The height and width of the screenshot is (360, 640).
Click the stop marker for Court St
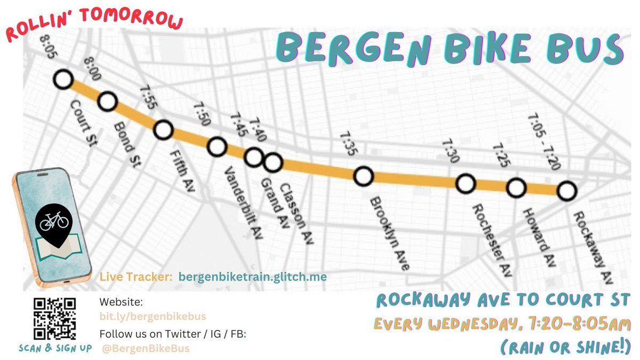pyautogui.click(x=63, y=80)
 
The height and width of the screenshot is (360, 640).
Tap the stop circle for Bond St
pyautogui.click(x=107, y=100)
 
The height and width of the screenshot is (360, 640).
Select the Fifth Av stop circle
pyautogui.click(x=163, y=130)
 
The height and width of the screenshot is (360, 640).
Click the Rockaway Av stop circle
pyautogui.click(x=567, y=190)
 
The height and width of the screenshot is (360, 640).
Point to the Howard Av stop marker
pyautogui.click(x=516, y=188)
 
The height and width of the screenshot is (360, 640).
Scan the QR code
pyautogui.click(x=55, y=319)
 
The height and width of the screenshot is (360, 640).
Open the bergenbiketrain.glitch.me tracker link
pyautogui.click(x=252, y=277)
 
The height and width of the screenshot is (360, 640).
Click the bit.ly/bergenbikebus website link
pyautogui.click(x=153, y=317)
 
